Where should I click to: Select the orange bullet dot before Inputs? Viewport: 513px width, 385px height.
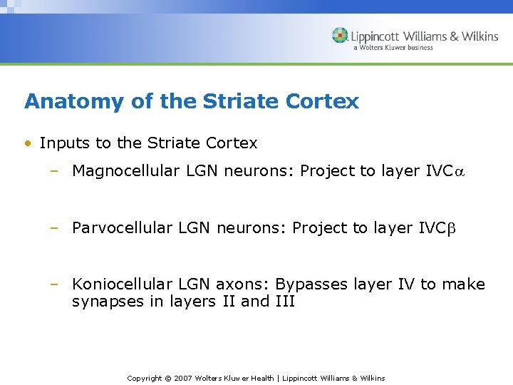pyautogui.click(x=27, y=143)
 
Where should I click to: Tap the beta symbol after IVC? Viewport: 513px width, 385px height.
pyautogui.click(x=450, y=229)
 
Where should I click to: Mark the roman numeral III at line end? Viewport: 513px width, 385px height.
pyautogui.click(x=285, y=302)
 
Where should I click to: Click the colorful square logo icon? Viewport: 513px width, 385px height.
pyautogui.click(x=341, y=36)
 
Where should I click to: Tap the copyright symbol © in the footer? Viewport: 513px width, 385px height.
pyautogui.click(x=167, y=378)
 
